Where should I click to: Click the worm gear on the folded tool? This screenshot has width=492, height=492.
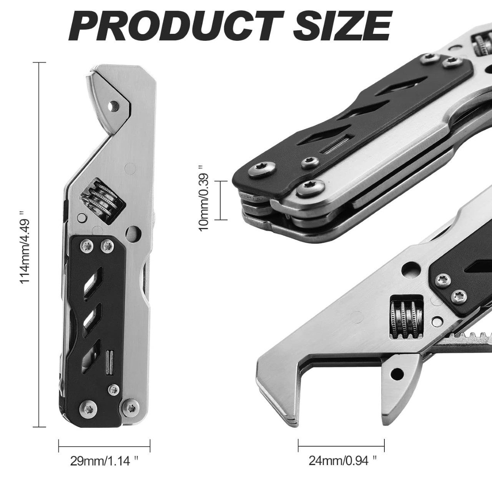click(103, 199)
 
